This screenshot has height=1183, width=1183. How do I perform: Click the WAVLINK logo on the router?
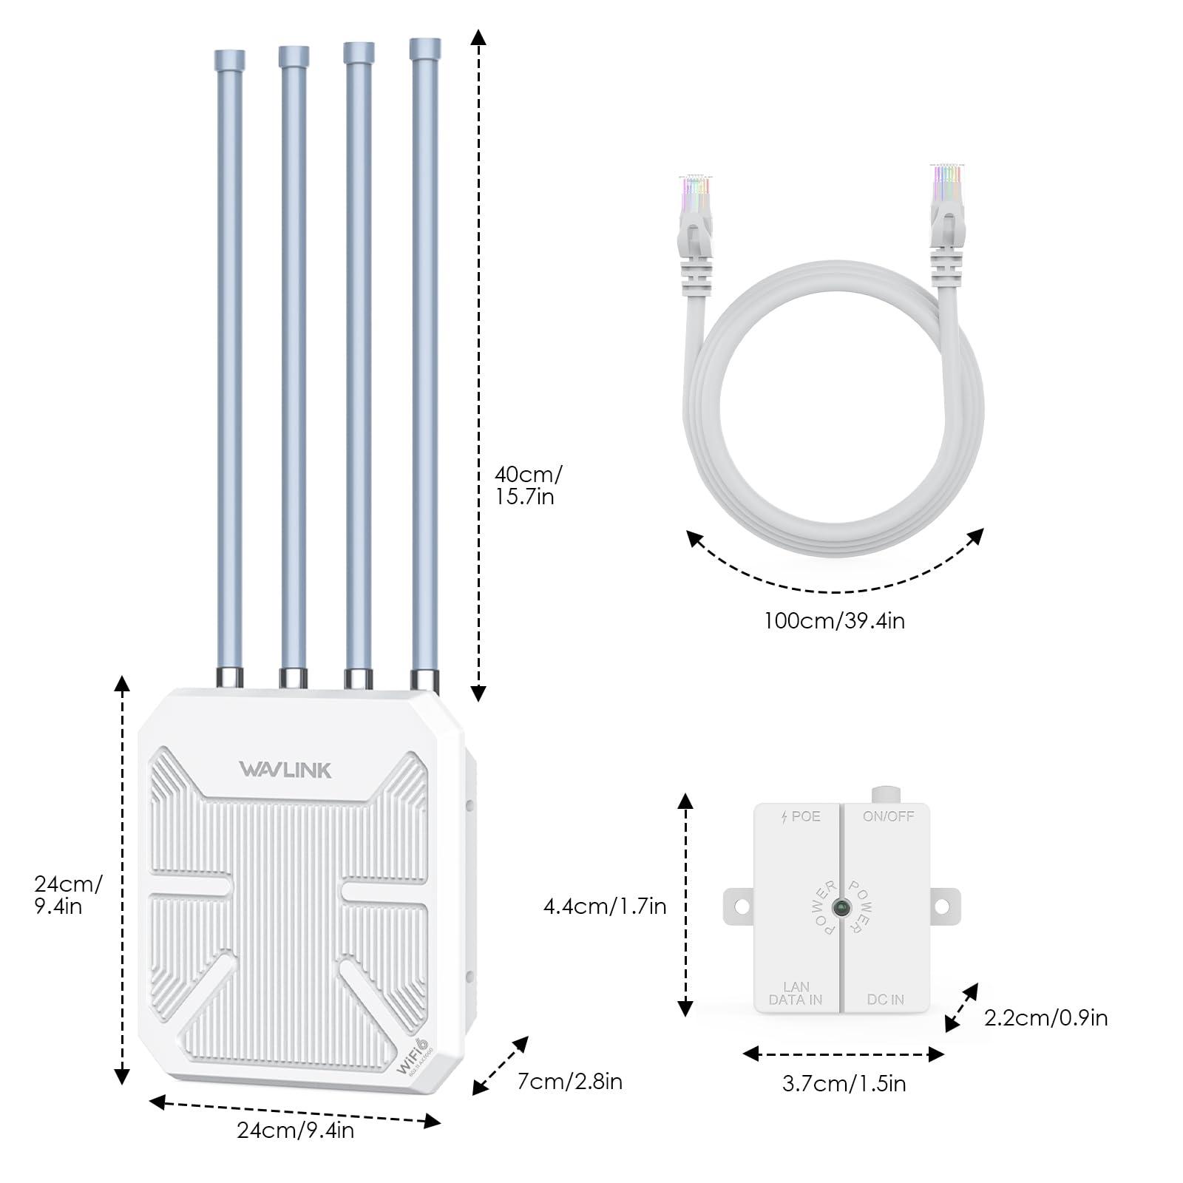(285, 770)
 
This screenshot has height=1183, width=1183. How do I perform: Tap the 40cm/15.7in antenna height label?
(527, 485)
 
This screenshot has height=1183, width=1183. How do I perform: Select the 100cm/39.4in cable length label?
(834, 620)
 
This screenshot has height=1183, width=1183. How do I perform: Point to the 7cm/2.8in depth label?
(569, 1081)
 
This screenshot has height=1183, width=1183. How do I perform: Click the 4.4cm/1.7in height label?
(605, 906)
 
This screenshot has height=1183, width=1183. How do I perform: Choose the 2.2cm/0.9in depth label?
(1045, 1017)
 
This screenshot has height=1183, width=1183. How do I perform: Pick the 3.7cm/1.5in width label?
(844, 1083)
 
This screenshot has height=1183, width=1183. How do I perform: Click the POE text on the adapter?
(801, 816)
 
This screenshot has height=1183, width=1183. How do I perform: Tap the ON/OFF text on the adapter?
(888, 816)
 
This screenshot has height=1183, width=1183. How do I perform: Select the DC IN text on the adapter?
(885, 1000)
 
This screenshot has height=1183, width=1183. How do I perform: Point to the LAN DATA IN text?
(796, 993)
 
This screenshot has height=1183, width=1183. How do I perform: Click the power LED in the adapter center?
(841, 907)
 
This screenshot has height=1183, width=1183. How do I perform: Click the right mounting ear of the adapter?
(943, 906)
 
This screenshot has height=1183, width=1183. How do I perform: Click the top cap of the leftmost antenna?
(229, 59)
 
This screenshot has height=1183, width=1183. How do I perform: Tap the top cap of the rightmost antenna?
(425, 49)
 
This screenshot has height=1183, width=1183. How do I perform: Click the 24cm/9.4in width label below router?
(295, 1130)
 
